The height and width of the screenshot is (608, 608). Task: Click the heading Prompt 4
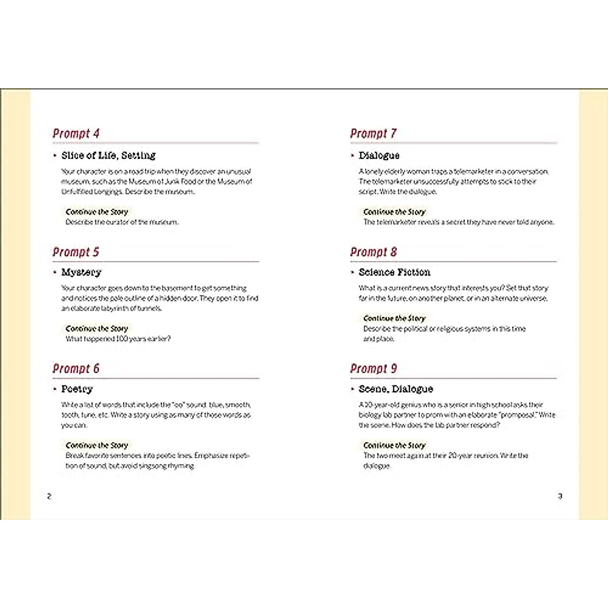(x=76, y=134)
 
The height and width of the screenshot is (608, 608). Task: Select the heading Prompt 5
(x=76, y=252)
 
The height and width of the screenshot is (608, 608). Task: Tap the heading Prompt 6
(x=76, y=368)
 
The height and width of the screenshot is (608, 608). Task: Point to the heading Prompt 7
(x=373, y=134)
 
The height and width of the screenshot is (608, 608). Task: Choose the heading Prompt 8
(x=373, y=252)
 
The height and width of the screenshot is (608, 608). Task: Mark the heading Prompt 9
(x=373, y=368)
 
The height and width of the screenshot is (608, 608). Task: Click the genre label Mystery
(x=81, y=273)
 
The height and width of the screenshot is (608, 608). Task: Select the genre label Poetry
(x=77, y=389)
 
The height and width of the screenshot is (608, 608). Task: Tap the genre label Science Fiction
(x=394, y=273)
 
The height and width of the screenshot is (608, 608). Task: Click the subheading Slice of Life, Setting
(x=108, y=156)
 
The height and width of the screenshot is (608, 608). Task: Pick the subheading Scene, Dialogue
(x=396, y=389)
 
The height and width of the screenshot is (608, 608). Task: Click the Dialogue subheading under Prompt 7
(x=379, y=156)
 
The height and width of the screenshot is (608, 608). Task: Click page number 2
(x=49, y=496)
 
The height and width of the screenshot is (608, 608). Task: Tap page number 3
(x=560, y=496)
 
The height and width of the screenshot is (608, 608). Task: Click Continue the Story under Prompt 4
(x=97, y=212)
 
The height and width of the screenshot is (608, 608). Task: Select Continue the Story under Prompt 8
(x=394, y=318)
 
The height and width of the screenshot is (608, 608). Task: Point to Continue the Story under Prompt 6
(x=97, y=445)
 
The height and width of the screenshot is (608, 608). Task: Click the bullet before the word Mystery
(x=55, y=273)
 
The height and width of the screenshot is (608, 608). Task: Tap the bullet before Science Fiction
(x=353, y=273)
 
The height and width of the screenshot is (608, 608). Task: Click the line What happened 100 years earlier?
(x=118, y=339)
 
